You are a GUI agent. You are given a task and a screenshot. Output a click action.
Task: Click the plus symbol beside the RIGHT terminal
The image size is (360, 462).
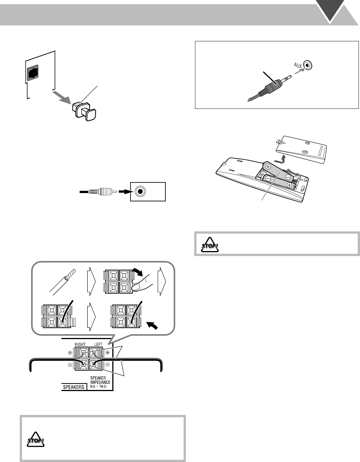point(70,353)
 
